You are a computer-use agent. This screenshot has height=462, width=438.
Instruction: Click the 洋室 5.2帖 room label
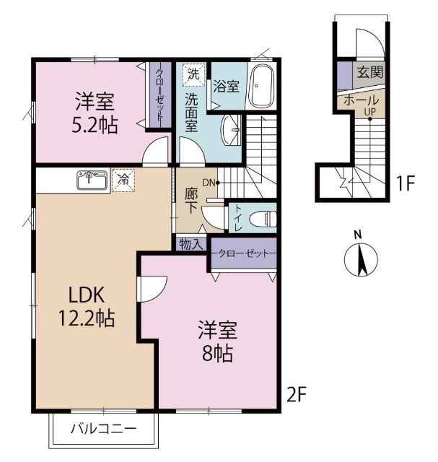[95, 113]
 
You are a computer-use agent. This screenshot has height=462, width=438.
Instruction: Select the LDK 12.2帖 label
[87, 305]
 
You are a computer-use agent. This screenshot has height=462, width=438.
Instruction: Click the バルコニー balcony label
[102, 429]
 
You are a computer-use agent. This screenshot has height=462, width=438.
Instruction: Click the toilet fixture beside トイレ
[263, 216]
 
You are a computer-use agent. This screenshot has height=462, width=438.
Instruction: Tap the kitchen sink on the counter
[92, 180]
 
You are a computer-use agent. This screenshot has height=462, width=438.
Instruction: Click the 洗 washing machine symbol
[192, 74]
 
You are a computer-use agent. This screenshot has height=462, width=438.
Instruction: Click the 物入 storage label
[190, 244]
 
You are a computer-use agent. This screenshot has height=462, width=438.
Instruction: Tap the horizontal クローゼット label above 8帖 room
[242, 254]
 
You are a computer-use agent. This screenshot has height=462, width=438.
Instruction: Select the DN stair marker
[209, 183]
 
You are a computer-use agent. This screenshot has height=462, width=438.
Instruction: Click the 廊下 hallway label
[191, 200]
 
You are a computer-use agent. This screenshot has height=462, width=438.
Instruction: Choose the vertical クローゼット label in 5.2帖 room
[160, 95]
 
